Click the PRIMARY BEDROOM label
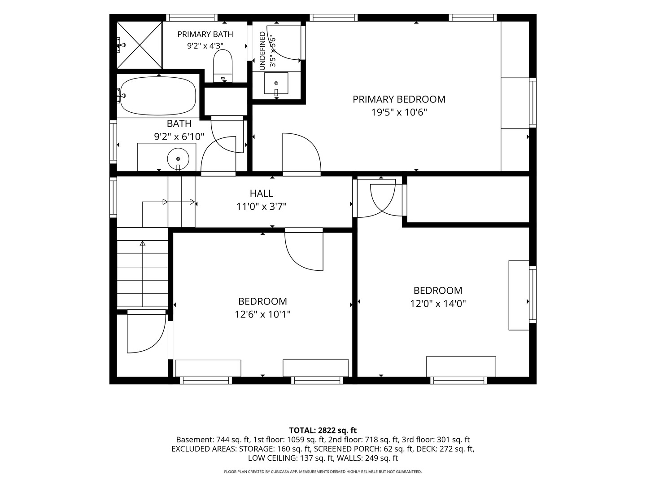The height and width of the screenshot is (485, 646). click(399, 99)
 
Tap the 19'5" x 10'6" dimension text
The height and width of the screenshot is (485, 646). click(399, 112)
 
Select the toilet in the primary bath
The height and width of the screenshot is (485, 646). click(223, 66)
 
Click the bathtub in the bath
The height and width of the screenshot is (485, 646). click(158, 96)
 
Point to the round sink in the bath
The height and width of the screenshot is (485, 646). click(178, 159)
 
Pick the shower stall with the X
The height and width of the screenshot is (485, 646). click(140, 45)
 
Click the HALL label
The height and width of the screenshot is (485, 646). click(262, 194)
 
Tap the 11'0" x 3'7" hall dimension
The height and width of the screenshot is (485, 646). click(262, 207)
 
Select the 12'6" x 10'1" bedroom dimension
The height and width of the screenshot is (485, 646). click(262, 314)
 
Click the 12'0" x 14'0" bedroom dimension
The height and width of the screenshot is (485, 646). click(438, 304)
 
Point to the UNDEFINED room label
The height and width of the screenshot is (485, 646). click(262, 51)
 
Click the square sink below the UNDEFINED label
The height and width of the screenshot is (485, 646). click(276, 84)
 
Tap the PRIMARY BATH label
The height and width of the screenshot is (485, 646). click(205, 35)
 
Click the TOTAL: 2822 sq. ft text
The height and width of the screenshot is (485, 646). click(323, 430)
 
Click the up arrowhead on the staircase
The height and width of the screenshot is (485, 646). click(143, 243)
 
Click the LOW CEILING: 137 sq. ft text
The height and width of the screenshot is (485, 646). click(291, 458)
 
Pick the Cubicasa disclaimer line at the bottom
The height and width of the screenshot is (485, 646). click(323, 472)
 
